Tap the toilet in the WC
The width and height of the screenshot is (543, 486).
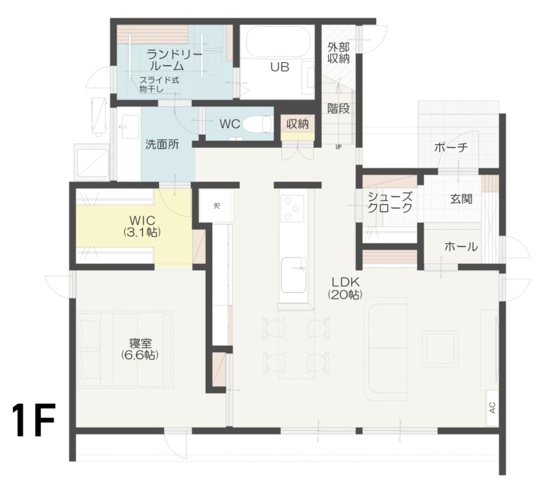coord(259,125)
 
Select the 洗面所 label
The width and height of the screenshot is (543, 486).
coord(162,144)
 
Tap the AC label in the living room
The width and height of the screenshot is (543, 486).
coord(491,408)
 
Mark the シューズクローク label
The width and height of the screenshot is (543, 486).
coord(390,203)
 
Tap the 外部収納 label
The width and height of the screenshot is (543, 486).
coord(339,53)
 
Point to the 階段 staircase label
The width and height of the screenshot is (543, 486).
coord(339,109)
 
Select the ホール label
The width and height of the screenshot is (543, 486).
coord(460,247)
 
